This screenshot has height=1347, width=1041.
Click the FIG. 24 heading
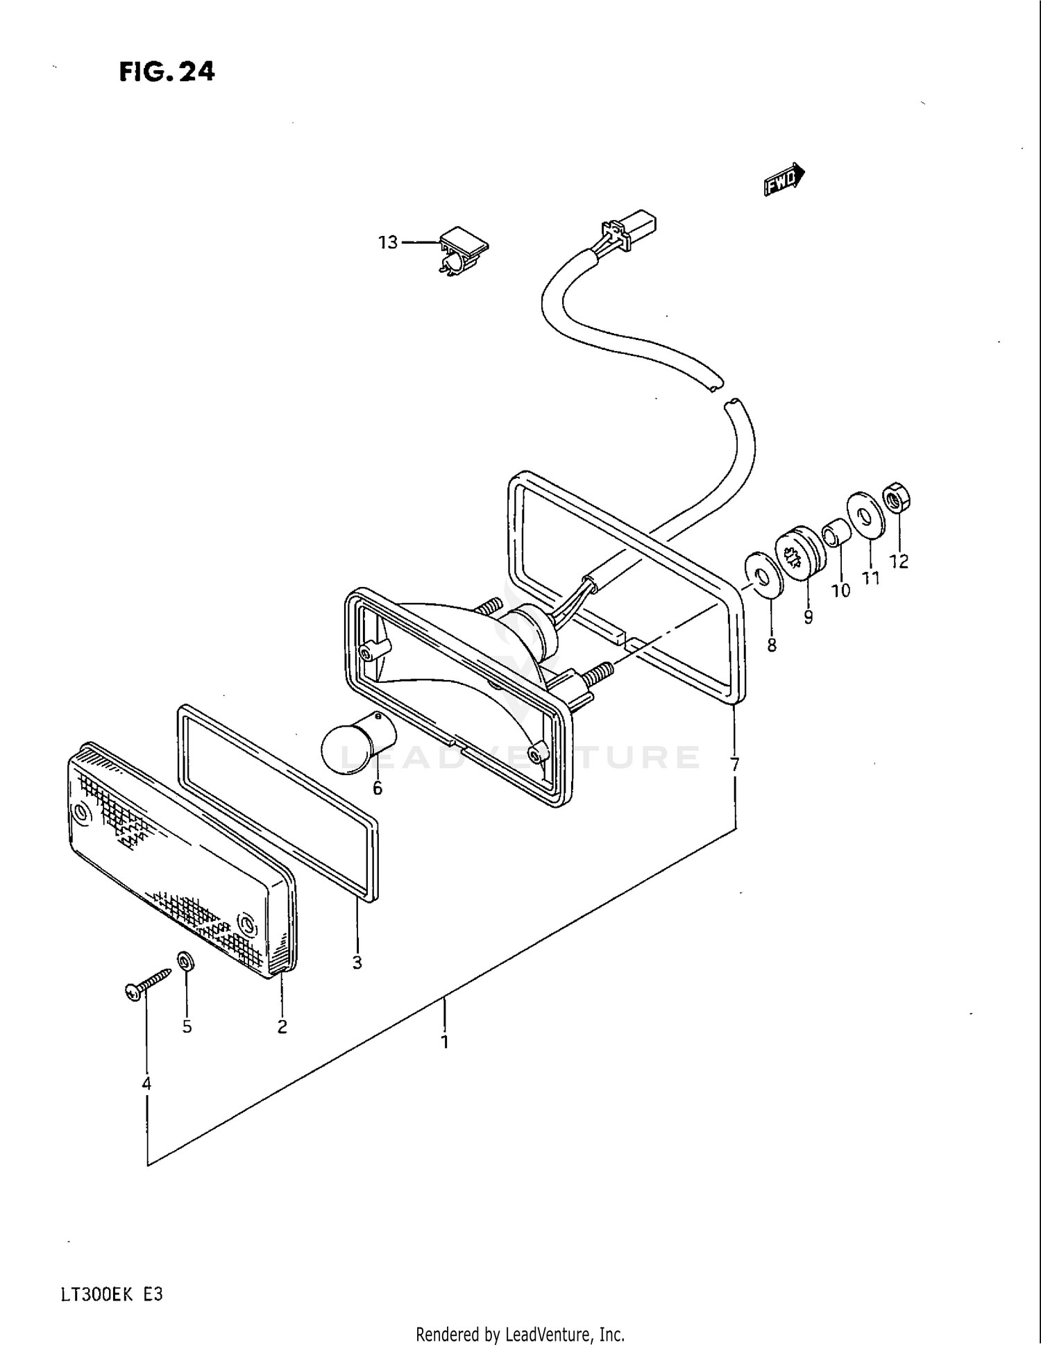[x=167, y=71]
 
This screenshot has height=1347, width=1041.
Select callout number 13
[x=388, y=242]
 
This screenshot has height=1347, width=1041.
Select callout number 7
[x=735, y=765]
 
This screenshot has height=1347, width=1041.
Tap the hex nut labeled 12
[x=896, y=500]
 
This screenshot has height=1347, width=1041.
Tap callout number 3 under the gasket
[x=357, y=963]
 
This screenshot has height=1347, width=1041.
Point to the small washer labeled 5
[x=186, y=963]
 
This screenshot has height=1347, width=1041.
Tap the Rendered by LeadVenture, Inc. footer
[x=520, y=1335]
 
